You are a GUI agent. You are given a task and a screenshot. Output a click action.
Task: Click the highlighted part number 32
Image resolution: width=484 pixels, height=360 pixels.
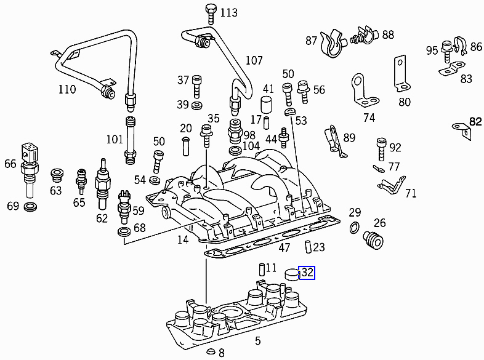tap(306, 273)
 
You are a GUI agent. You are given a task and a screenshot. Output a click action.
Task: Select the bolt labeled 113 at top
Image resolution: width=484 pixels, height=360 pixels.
tap(209, 11)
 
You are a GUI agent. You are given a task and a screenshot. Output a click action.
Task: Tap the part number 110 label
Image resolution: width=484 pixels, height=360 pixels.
tap(67, 90)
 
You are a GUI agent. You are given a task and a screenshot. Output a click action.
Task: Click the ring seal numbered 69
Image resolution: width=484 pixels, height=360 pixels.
tap(30, 206)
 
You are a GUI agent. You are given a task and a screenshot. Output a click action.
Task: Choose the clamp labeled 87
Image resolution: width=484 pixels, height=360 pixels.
tap(333, 41)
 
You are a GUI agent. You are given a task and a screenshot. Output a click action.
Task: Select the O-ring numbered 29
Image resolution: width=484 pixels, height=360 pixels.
tap(355, 229)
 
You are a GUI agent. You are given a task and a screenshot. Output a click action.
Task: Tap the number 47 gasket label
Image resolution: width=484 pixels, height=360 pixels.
tap(284, 248)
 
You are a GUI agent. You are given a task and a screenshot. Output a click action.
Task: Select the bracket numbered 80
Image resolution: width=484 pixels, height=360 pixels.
tap(400, 72)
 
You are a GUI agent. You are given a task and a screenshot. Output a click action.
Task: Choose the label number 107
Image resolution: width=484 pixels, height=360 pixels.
tap(254, 60)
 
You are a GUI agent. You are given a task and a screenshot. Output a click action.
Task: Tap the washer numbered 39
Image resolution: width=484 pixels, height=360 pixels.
tap(197, 106)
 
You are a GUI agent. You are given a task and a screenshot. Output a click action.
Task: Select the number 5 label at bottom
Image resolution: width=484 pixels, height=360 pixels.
tap(257, 341)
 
